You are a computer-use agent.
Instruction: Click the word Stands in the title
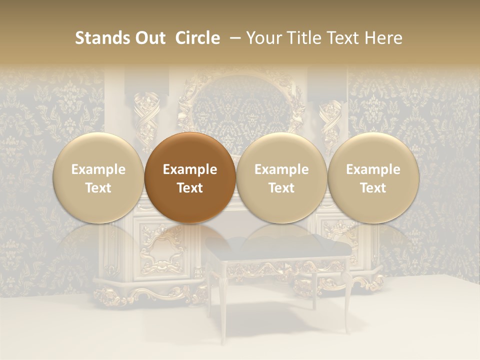point(102,38)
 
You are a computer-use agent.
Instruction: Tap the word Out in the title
point(149,38)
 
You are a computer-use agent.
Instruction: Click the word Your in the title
point(264,38)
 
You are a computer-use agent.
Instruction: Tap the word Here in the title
point(384,38)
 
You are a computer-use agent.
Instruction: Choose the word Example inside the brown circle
point(190,169)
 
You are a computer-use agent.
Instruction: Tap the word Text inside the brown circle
point(190,188)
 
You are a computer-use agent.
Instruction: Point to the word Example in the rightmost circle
point(373,169)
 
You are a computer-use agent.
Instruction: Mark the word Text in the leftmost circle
point(98,188)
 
